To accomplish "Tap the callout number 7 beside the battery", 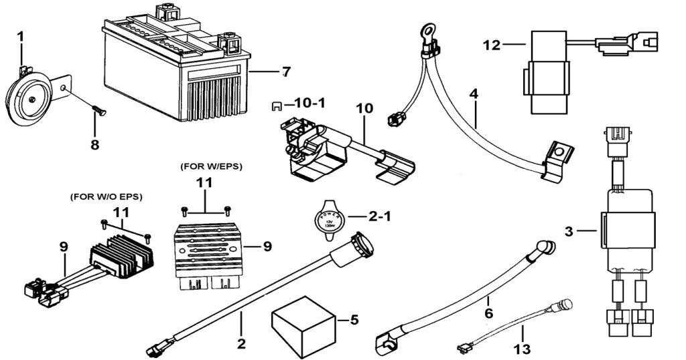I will pos(286,70).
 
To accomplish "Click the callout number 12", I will pos(491,45).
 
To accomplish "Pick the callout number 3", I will pos(569,231).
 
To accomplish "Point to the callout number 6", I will pos(489,312).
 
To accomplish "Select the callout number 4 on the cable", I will pos(474,94).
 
